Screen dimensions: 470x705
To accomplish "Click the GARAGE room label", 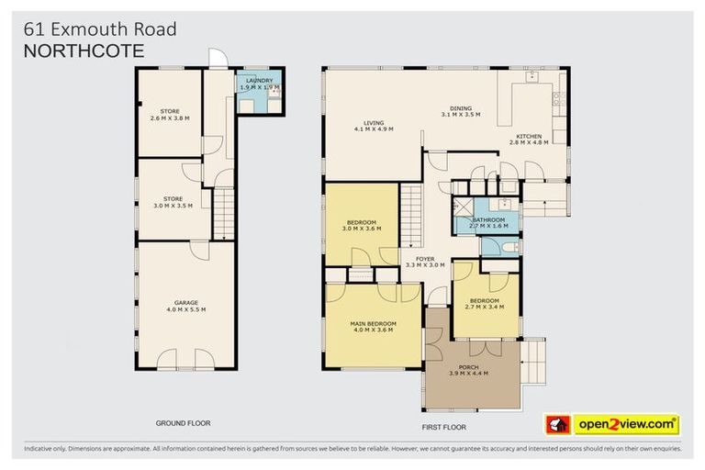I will (x=186, y=303).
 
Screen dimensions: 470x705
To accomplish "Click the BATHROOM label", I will (x=488, y=219).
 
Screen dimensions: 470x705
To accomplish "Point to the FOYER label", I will (x=425, y=258).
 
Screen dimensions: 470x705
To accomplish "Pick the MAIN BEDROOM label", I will (x=373, y=323).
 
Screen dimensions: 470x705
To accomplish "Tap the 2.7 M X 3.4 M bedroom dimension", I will (x=485, y=308).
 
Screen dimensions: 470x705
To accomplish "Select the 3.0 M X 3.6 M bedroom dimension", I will (x=360, y=228).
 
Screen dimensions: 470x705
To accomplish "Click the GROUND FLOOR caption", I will (x=183, y=424).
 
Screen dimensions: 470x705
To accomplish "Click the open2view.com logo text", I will (x=626, y=424).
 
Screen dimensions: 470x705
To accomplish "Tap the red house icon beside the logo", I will (x=558, y=424).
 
